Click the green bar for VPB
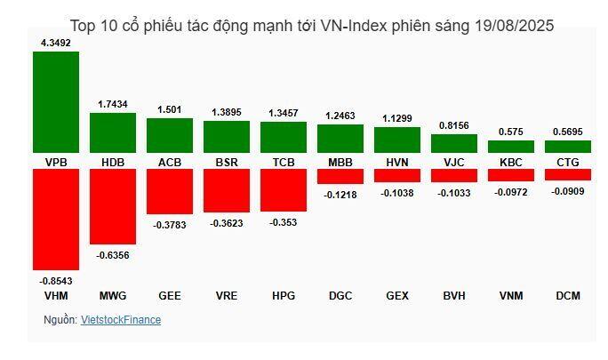[x=56, y=101]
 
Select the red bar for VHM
[x=56, y=220]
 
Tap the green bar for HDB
[x=113, y=132]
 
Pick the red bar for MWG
[x=113, y=206]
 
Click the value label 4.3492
[x=56, y=42]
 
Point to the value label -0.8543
[x=56, y=280]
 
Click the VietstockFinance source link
[x=121, y=320]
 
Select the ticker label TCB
[x=284, y=162]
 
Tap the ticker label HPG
[x=284, y=295]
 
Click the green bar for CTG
[x=568, y=147]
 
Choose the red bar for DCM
[x=568, y=175]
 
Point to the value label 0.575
[x=511, y=132]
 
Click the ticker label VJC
[x=454, y=162]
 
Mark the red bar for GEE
[x=170, y=191]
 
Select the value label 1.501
[x=170, y=109]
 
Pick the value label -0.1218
[x=340, y=194]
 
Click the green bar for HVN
[x=397, y=140]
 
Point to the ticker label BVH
[x=454, y=295]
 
